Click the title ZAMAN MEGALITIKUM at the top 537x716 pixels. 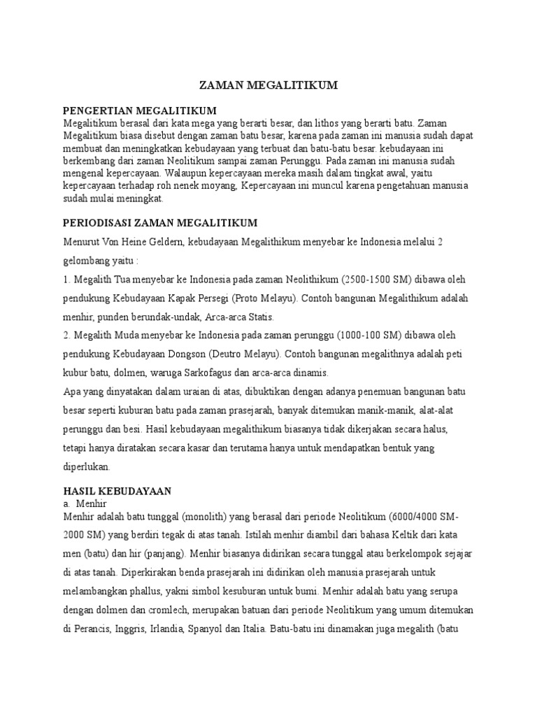point(268,85)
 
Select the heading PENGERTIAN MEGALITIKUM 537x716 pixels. point(140,111)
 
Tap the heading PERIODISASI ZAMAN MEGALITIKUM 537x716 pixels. point(160,223)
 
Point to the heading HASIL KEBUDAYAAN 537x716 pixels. point(117,492)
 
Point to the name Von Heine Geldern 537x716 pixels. point(146,242)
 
